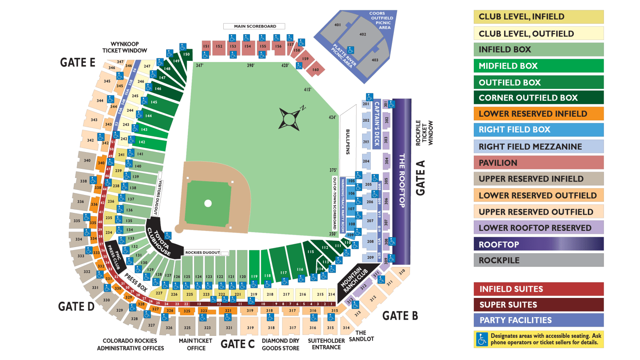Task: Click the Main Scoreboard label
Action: (x=255, y=26)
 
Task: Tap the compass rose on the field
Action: (x=289, y=119)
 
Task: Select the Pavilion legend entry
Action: (x=538, y=163)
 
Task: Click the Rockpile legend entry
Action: (x=538, y=260)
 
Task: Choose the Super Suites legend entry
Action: (x=538, y=305)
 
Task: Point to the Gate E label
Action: (x=77, y=62)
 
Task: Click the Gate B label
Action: (x=400, y=316)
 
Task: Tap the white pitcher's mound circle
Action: (x=208, y=203)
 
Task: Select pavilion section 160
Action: (x=315, y=70)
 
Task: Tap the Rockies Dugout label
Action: (x=203, y=252)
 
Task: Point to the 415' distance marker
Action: (x=307, y=90)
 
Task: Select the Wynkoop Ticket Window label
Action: (x=125, y=47)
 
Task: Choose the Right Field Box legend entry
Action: (x=538, y=130)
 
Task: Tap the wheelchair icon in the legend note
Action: (x=482, y=339)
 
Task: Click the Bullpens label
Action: (x=348, y=142)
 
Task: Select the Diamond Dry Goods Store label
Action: (x=280, y=344)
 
